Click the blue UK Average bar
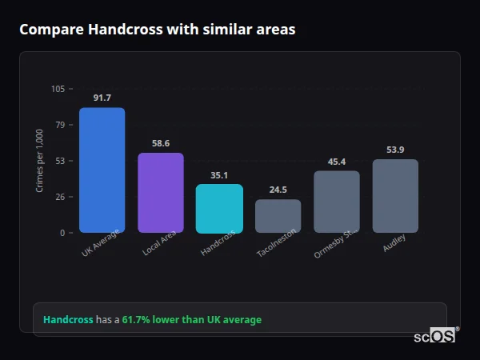coord(102,170)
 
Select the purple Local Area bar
coord(161,193)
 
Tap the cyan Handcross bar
coord(219,209)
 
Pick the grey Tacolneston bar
coord(278,216)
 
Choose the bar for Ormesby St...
coord(337,202)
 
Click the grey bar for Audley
coord(395,196)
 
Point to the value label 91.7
coord(102,98)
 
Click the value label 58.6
coord(161,143)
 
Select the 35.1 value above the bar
coord(219,175)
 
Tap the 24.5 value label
coord(278,190)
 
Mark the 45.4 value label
coord(337,162)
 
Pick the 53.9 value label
coord(395,150)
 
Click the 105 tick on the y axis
coord(58,89)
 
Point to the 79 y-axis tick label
coord(60,125)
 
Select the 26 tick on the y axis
coord(60,197)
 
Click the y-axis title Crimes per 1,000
coord(40,161)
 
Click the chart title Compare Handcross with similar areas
coord(157,30)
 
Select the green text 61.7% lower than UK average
coord(191,319)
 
